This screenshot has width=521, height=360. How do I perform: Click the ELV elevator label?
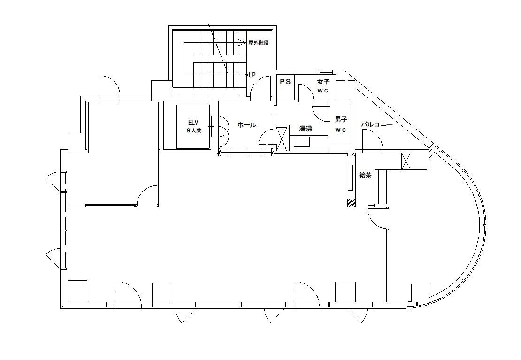click(x=193, y=122)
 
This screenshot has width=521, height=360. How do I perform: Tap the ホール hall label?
click(x=246, y=125)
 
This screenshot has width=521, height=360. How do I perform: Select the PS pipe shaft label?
click(x=285, y=82)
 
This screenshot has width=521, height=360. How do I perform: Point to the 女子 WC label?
click(x=323, y=86)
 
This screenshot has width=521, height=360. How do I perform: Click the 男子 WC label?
click(x=341, y=124)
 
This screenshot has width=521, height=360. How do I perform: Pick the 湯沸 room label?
click(x=306, y=129)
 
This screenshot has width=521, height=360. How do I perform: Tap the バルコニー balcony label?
click(x=377, y=125)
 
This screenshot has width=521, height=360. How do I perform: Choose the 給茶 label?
click(x=365, y=175)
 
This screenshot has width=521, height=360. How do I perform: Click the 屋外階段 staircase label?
click(x=258, y=43)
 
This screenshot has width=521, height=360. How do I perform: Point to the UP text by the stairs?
click(x=252, y=75)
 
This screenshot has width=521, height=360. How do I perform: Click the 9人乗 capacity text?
click(x=194, y=130)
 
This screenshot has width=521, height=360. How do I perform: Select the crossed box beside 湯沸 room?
click(x=282, y=138)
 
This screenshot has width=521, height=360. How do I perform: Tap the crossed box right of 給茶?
click(x=406, y=161)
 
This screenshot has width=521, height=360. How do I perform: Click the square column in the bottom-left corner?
click(x=77, y=291)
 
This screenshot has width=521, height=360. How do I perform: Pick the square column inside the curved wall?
click(x=420, y=293)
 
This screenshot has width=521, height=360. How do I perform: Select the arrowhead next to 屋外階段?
click(x=242, y=43)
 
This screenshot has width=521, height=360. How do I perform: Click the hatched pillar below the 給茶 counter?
click(x=351, y=203)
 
